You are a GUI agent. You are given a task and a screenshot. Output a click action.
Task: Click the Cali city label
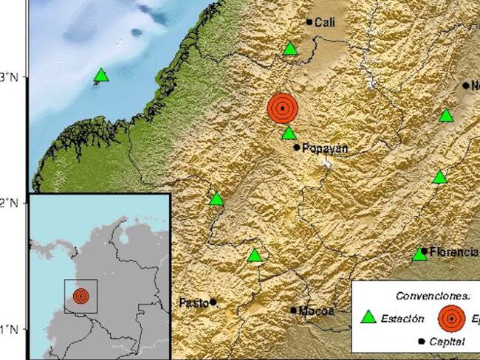coord(326,23)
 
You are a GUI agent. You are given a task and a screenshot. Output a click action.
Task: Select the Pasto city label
coord(193,302)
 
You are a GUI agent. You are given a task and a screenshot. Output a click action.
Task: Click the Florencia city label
coord(454,252)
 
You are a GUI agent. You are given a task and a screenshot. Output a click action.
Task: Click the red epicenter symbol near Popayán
coord(282,108)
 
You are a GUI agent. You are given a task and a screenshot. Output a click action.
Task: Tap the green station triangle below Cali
coord(290,49)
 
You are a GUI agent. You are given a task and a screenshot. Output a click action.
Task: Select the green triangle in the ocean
coord(101,75)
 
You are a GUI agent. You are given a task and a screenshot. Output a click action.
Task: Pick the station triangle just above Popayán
coord(289,134)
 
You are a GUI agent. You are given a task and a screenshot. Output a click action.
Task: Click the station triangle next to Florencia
coord(419,255)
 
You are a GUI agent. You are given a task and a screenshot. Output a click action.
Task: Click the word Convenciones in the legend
coord(433,295)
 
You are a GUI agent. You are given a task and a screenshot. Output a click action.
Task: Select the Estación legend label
coord(403,319)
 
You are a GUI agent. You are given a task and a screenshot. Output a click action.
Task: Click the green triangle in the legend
coord(368,318)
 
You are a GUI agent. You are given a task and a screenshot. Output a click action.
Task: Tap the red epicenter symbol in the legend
coord(450,319)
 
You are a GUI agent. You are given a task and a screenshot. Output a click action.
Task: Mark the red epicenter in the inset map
coord(80,297)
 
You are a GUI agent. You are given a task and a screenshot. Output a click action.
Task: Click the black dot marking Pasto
coord(213,302)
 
